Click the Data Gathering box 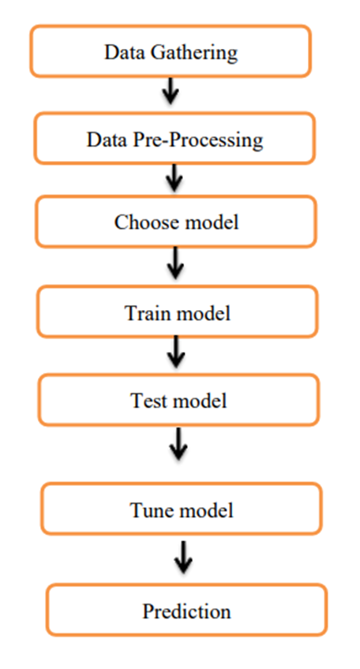tap(171, 51)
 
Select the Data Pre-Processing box tap(174, 140)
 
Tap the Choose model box tap(176, 222)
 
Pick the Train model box tap(178, 312)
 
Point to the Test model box tap(178, 400)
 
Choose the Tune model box tap(182, 510)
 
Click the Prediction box tap(186, 610)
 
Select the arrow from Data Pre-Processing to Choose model tap(174, 178)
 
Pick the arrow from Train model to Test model tap(178, 352)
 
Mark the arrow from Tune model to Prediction tap(183, 557)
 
